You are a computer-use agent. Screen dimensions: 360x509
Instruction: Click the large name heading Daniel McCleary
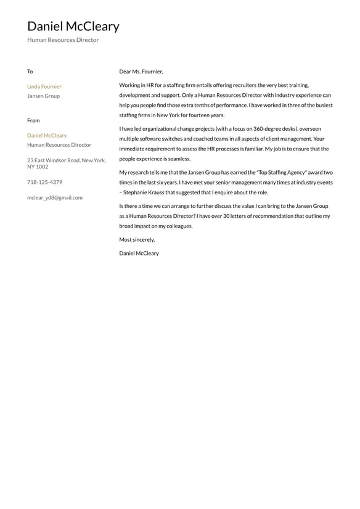tap(73, 27)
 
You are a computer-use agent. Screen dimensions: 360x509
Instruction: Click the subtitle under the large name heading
tap(63, 40)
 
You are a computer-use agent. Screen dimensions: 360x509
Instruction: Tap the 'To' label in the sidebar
tap(30, 72)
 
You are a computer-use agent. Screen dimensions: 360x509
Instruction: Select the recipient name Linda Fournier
tap(44, 86)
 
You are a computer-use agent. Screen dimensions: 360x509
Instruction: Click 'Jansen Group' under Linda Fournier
tap(43, 96)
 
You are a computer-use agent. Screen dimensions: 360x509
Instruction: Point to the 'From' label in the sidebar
tap(33, 120)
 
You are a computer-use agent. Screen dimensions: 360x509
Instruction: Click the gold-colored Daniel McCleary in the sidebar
tap(47, 135)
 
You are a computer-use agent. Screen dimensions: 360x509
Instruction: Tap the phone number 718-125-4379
tap(44, 182)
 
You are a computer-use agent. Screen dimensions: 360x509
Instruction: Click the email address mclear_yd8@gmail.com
tap(55, 197)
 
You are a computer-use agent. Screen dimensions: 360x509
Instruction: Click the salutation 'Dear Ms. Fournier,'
tap(141, 72)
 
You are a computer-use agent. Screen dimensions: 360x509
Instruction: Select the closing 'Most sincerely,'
tap(137, 239)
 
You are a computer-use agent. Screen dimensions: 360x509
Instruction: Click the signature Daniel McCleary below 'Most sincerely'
tap(139, 253)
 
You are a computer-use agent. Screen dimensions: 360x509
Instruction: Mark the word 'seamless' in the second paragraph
tap(178, 159)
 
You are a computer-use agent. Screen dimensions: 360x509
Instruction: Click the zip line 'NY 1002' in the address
tap(38, 167)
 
